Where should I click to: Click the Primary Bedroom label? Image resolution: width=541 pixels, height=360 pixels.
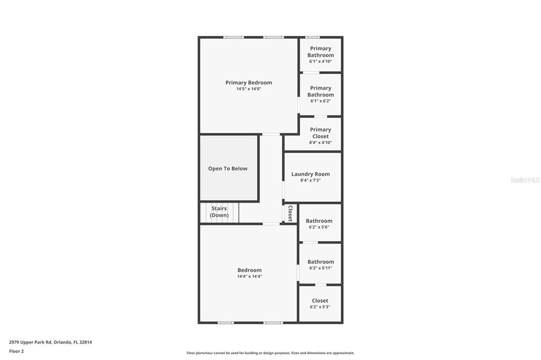[x=248, y=83]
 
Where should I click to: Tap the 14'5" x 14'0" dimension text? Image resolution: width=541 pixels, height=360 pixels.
[x=248, y=89]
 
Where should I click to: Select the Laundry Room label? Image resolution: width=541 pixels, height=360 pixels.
[x=311, y=174]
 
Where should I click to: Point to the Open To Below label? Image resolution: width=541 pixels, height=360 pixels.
[x=228, y=168]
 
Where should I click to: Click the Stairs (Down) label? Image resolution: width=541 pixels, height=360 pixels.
[x=219, y=212]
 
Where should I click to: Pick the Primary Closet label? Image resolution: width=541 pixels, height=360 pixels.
[x=321, y=133]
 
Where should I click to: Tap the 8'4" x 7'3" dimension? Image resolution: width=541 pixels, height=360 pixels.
[x=311, y=181]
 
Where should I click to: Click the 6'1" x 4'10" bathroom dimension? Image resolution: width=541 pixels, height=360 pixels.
[x=321, y=61]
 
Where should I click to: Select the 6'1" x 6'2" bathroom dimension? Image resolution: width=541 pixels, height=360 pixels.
[x=321, y=101]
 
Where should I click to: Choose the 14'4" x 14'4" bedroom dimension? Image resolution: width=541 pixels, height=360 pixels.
[x=249, y=276]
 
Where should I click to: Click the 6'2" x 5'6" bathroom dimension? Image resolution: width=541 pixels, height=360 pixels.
[x=319, y=227]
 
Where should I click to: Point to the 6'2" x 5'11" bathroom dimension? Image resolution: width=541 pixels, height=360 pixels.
[x=321, y=268]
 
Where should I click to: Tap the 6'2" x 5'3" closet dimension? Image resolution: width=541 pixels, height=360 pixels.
[x=320, y=307]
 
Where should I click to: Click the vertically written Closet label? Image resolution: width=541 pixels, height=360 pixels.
[x=290, y=213]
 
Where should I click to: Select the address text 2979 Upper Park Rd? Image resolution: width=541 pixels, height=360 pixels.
[x=30, y=343]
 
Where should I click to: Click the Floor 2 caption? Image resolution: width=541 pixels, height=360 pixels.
[x=16, y=352]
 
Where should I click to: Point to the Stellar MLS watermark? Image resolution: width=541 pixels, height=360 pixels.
[x=525, y=180]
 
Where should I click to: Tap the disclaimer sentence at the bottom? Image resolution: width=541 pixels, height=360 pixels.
[x=270, y=353]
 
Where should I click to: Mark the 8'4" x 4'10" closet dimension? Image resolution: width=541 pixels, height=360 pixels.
[x=321, y=143]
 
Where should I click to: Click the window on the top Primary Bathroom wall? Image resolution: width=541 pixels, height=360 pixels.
[x=313, y=37]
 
